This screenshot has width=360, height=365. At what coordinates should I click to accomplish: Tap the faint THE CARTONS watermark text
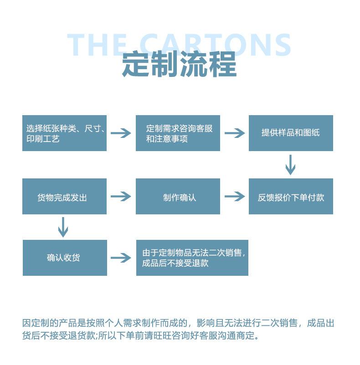[x=179, y=45]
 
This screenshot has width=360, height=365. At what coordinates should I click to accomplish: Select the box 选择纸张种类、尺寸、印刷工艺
[x=64, y=133]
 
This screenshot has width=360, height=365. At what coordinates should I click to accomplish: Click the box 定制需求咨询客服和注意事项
[x=178, y=133]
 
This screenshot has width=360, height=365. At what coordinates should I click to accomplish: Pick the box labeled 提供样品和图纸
[x=291, y=133]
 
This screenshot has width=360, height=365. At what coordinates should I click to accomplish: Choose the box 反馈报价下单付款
[x=291, y=197]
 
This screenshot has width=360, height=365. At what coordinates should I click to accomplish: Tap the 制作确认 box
[x=178, y=197]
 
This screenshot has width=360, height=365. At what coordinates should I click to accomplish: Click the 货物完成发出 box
[x=64, y=197]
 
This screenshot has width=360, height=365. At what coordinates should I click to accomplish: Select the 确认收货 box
[x=65, y=258]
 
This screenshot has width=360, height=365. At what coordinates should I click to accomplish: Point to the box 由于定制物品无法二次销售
[x=192, y=258]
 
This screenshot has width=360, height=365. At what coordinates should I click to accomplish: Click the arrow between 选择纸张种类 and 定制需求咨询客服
[x=121, y=133]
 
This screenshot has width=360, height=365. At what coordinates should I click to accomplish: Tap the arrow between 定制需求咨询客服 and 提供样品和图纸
[x=234, y=133]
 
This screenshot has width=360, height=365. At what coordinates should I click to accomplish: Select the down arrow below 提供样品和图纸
[x=290, y=165]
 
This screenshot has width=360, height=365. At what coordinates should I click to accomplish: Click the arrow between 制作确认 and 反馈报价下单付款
[x=234, y=197]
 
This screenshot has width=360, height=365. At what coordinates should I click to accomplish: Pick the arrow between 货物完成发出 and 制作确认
[x=121, y=197]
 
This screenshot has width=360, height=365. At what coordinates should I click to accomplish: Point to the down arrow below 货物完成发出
[x=63, y=227]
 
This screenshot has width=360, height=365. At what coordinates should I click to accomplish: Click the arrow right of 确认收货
[x=121, y=258]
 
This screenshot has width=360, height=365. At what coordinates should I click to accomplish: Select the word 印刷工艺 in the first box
[x=43, y=139]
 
